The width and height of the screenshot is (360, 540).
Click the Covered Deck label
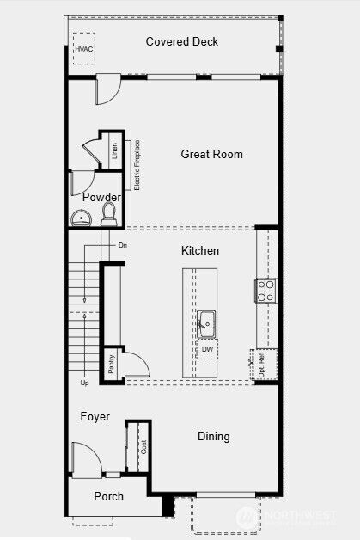(181, 41)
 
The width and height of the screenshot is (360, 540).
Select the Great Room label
(211, 155)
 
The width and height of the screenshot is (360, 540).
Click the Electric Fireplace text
(137, 164)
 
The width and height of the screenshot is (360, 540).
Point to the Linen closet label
(114, 151)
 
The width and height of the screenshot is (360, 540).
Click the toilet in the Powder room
(109, 213)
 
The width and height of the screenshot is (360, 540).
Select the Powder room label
(101, 197)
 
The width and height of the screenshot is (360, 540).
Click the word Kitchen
(199, 251)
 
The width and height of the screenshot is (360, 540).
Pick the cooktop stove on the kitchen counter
(265, 291)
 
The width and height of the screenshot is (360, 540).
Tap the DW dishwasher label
(207, 349)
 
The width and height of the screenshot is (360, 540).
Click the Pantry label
(111, 363)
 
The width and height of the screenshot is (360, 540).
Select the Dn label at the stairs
(123, 246)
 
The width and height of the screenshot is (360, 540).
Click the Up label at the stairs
(84, 383)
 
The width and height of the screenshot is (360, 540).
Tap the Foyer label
(95, 417)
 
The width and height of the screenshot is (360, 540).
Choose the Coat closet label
(143, 447)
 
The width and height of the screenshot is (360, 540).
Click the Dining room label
(214, 437)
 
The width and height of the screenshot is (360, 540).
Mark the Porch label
(108, 496)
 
